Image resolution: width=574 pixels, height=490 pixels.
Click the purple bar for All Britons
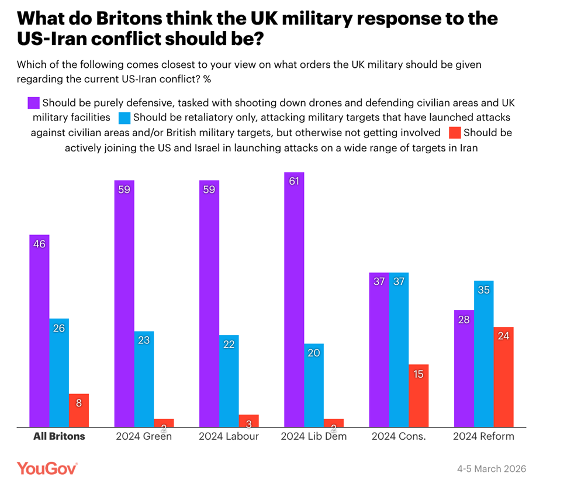[x=39, y=331]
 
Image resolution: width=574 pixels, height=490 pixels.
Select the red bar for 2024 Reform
[x=503, y=377]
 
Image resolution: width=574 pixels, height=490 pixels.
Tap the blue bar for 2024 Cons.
[x=399, y=350]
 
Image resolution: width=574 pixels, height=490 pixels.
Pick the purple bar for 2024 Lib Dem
[x=294, y=299]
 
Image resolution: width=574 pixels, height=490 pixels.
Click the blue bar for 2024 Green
[x=144, y=379]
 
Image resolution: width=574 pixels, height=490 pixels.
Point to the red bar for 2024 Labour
[x=248, y=421]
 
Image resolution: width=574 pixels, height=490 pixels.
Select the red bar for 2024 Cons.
[x=419, y=396]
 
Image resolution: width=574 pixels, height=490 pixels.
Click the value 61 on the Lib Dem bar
[x=294, y=181]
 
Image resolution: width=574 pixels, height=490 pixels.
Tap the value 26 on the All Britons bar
[x=58, y=328]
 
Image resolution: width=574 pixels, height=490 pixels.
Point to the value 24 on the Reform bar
[x=503, y=336]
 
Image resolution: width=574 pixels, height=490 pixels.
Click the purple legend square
[x=34, y=103]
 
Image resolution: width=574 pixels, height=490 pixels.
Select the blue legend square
[x=125, y=118]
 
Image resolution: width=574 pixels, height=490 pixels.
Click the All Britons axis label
[x=59, y=436]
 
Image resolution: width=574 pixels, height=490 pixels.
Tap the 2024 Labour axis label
[x=229, y=436]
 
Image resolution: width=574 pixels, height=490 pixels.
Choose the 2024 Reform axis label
[x=483, y=436]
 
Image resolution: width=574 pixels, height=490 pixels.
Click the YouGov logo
[x=47, y=468]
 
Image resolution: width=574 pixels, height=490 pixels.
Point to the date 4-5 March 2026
[x=492, y=469]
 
